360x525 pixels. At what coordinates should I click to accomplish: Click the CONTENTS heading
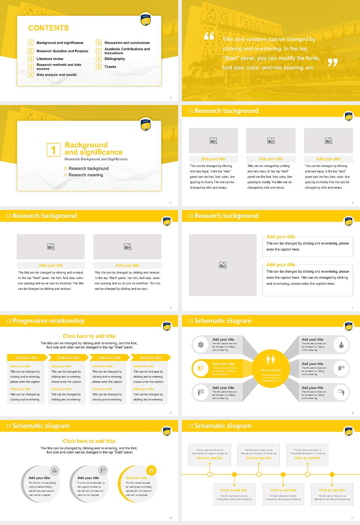tap(48, 28)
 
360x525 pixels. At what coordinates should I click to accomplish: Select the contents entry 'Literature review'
tap(50, 59)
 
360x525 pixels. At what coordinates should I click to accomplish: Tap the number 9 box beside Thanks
tap(99, 67)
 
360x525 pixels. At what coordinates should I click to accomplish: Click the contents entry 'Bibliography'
tap(115, 59)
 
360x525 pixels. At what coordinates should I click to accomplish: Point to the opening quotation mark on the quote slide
tap(209, 36)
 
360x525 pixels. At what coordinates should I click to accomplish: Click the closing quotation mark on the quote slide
tap(332, 63)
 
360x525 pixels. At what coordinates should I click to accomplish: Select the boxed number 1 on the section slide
tap(53, 150)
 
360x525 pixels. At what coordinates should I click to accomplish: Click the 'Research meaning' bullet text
tap(86, 175)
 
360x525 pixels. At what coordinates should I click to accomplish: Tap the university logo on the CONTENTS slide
tap(145, 20)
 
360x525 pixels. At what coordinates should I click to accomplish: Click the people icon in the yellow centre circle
tap(271, 360)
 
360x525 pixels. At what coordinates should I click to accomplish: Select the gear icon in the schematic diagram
tap(201, 345)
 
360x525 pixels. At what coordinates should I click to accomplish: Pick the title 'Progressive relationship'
tap(48, 321)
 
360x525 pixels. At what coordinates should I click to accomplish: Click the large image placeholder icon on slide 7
tap(223, 265)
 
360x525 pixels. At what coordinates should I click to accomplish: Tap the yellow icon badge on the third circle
tap(151, 470)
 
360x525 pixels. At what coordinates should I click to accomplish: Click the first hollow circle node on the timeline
tap(210, 474)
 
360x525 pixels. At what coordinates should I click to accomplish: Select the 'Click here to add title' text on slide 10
tap(89, 441)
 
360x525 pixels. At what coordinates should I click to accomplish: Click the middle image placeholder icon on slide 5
tap(271, 141)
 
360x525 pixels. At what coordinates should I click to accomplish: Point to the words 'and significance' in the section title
tap(93, 152)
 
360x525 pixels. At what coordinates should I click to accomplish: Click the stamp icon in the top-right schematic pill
tap(341, 345)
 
